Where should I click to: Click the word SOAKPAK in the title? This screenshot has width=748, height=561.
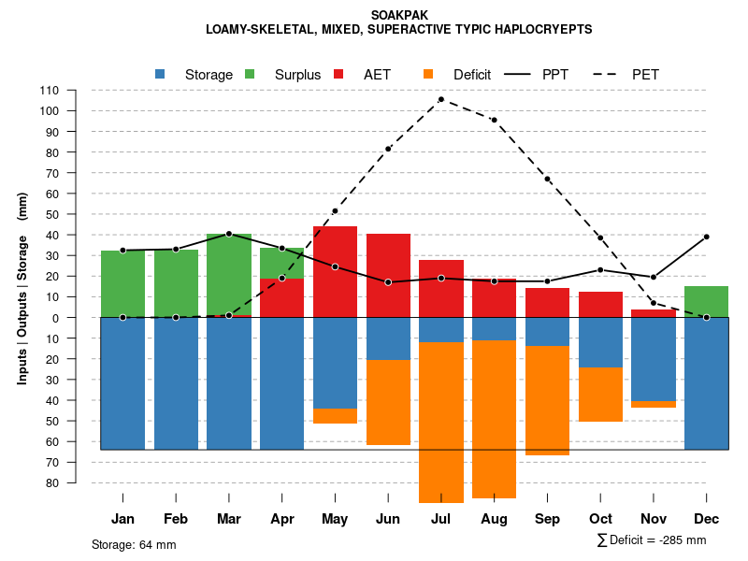399,16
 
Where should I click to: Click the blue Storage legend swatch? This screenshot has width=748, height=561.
160,74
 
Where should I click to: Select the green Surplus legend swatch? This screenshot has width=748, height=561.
250,74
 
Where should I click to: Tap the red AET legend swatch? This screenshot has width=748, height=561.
338,74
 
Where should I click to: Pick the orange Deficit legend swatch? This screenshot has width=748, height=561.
428,74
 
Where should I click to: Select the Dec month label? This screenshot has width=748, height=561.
706,519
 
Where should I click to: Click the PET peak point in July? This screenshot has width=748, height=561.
440,99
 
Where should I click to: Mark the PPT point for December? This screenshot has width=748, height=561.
706,237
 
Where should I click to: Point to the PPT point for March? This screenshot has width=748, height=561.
229,234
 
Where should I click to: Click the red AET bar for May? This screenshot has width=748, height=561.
335,271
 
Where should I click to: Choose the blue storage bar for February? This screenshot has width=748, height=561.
176,383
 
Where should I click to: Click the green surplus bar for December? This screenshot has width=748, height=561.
706,302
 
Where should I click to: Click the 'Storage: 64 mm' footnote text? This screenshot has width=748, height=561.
134,544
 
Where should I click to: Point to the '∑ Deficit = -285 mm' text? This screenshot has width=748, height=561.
651,539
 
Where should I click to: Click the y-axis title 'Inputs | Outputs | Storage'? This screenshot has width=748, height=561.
22,288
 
